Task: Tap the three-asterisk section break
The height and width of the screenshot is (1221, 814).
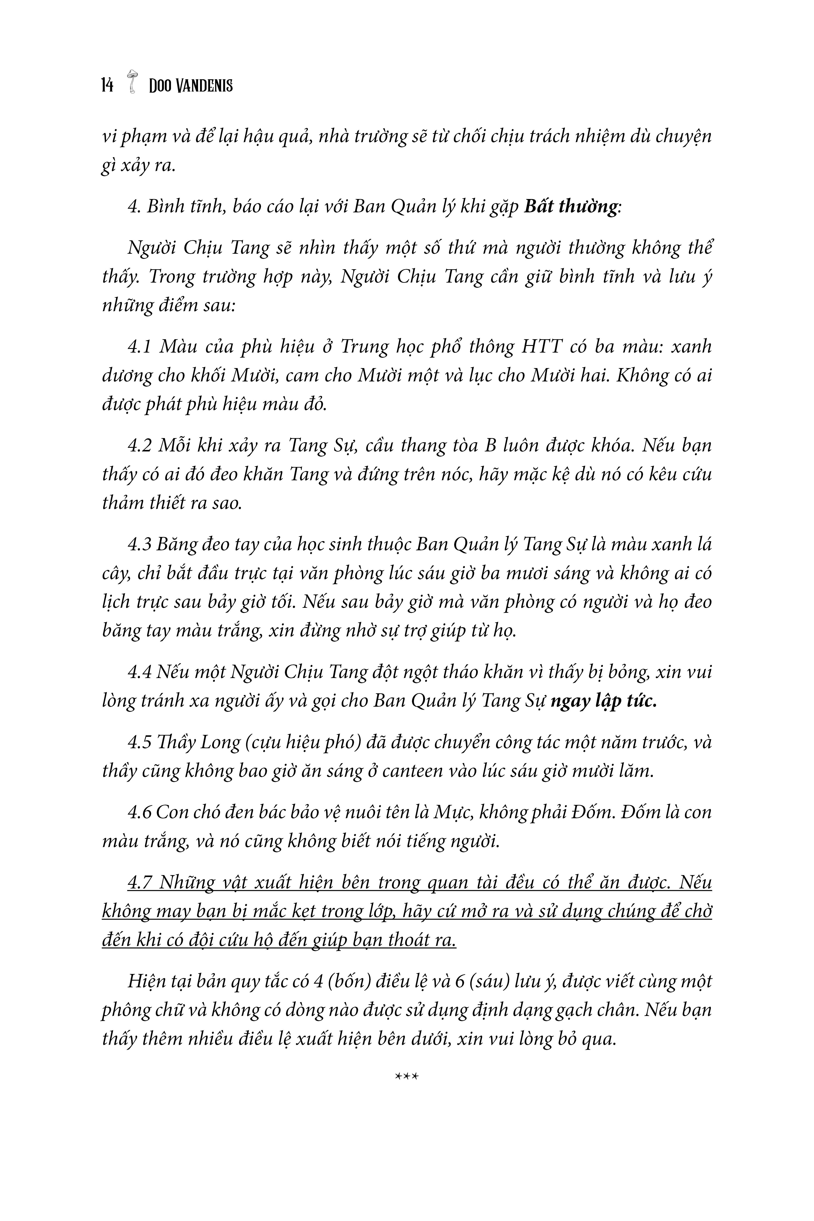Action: click(x=407, y=1077)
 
